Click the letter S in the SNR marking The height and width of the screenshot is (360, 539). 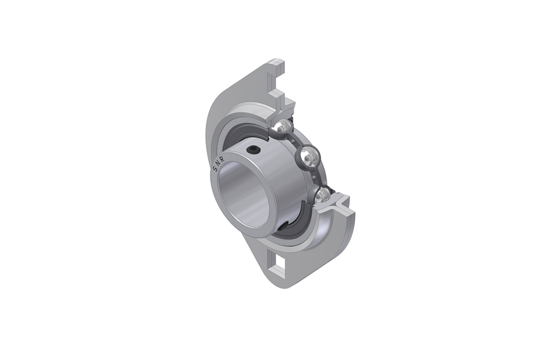214,169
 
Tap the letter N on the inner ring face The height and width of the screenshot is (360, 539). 218,162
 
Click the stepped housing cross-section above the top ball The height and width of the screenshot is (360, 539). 284,105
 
